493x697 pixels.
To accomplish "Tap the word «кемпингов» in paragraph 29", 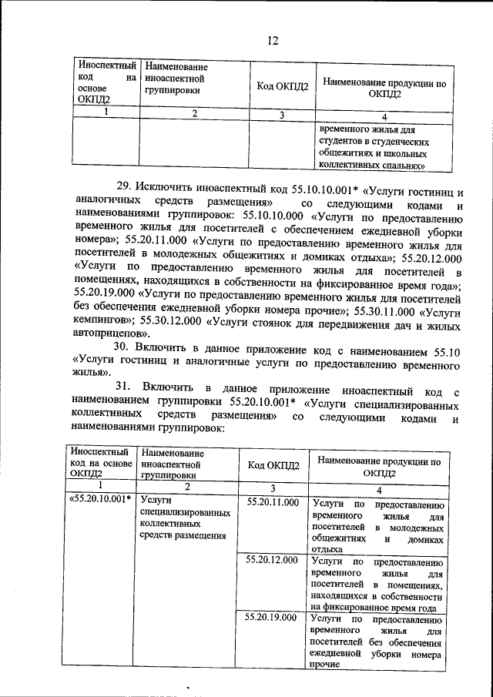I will pos(104,326).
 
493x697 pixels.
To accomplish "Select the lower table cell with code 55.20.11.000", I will pos(272,502).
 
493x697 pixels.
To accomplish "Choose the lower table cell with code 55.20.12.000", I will pos(272,560).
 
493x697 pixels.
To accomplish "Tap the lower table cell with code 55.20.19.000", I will pos(272,618).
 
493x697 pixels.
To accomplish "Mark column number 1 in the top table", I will pos(103,114).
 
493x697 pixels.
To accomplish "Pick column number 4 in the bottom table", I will pos(379,491).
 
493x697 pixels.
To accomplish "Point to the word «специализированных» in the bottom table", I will pos(186,512).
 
